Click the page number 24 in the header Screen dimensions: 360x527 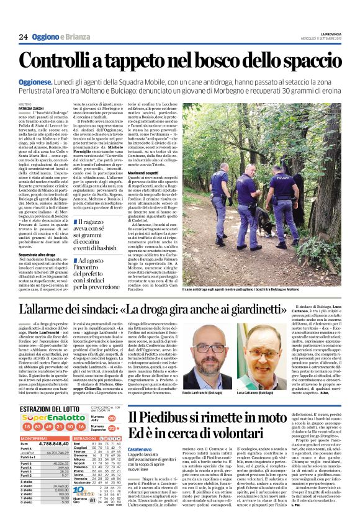23,37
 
